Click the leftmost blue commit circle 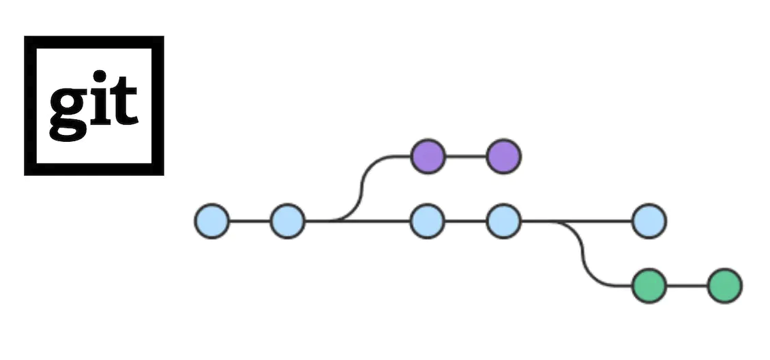[x=211, y=221]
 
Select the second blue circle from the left [x=287, y=221]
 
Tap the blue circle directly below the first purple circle [x=428, y=221]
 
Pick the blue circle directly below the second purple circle [x=503, y=221]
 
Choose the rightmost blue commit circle [x=648, y=221]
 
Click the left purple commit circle [x=428, y=156]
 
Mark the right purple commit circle [x=503, y=156]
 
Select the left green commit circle [x=648, y=286]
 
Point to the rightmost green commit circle [x=724, y=286]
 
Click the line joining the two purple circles [x=466, y=156]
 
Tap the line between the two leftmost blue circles [x=250, y=221]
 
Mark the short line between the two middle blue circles [x=466, y=221]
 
